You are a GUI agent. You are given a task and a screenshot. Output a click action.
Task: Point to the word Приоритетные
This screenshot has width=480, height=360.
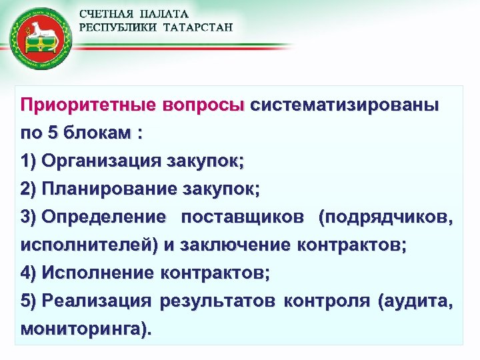pos(87,105)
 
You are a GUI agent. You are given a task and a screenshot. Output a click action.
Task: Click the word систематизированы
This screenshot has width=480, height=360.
pos(345,105)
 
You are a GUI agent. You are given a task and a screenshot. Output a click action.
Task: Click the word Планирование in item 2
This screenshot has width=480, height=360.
pos(109,189)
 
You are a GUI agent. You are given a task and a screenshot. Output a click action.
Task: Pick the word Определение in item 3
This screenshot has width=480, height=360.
pos(103,217)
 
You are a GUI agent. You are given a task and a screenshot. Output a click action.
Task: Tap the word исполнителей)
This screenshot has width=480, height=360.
pos(89,245)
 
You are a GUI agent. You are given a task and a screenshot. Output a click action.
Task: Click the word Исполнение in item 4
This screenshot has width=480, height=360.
pos(98,273)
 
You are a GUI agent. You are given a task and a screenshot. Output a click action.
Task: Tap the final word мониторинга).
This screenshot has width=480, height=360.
pos(86,329)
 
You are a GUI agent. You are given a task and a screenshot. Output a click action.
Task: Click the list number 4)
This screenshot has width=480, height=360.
pos(29,273)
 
